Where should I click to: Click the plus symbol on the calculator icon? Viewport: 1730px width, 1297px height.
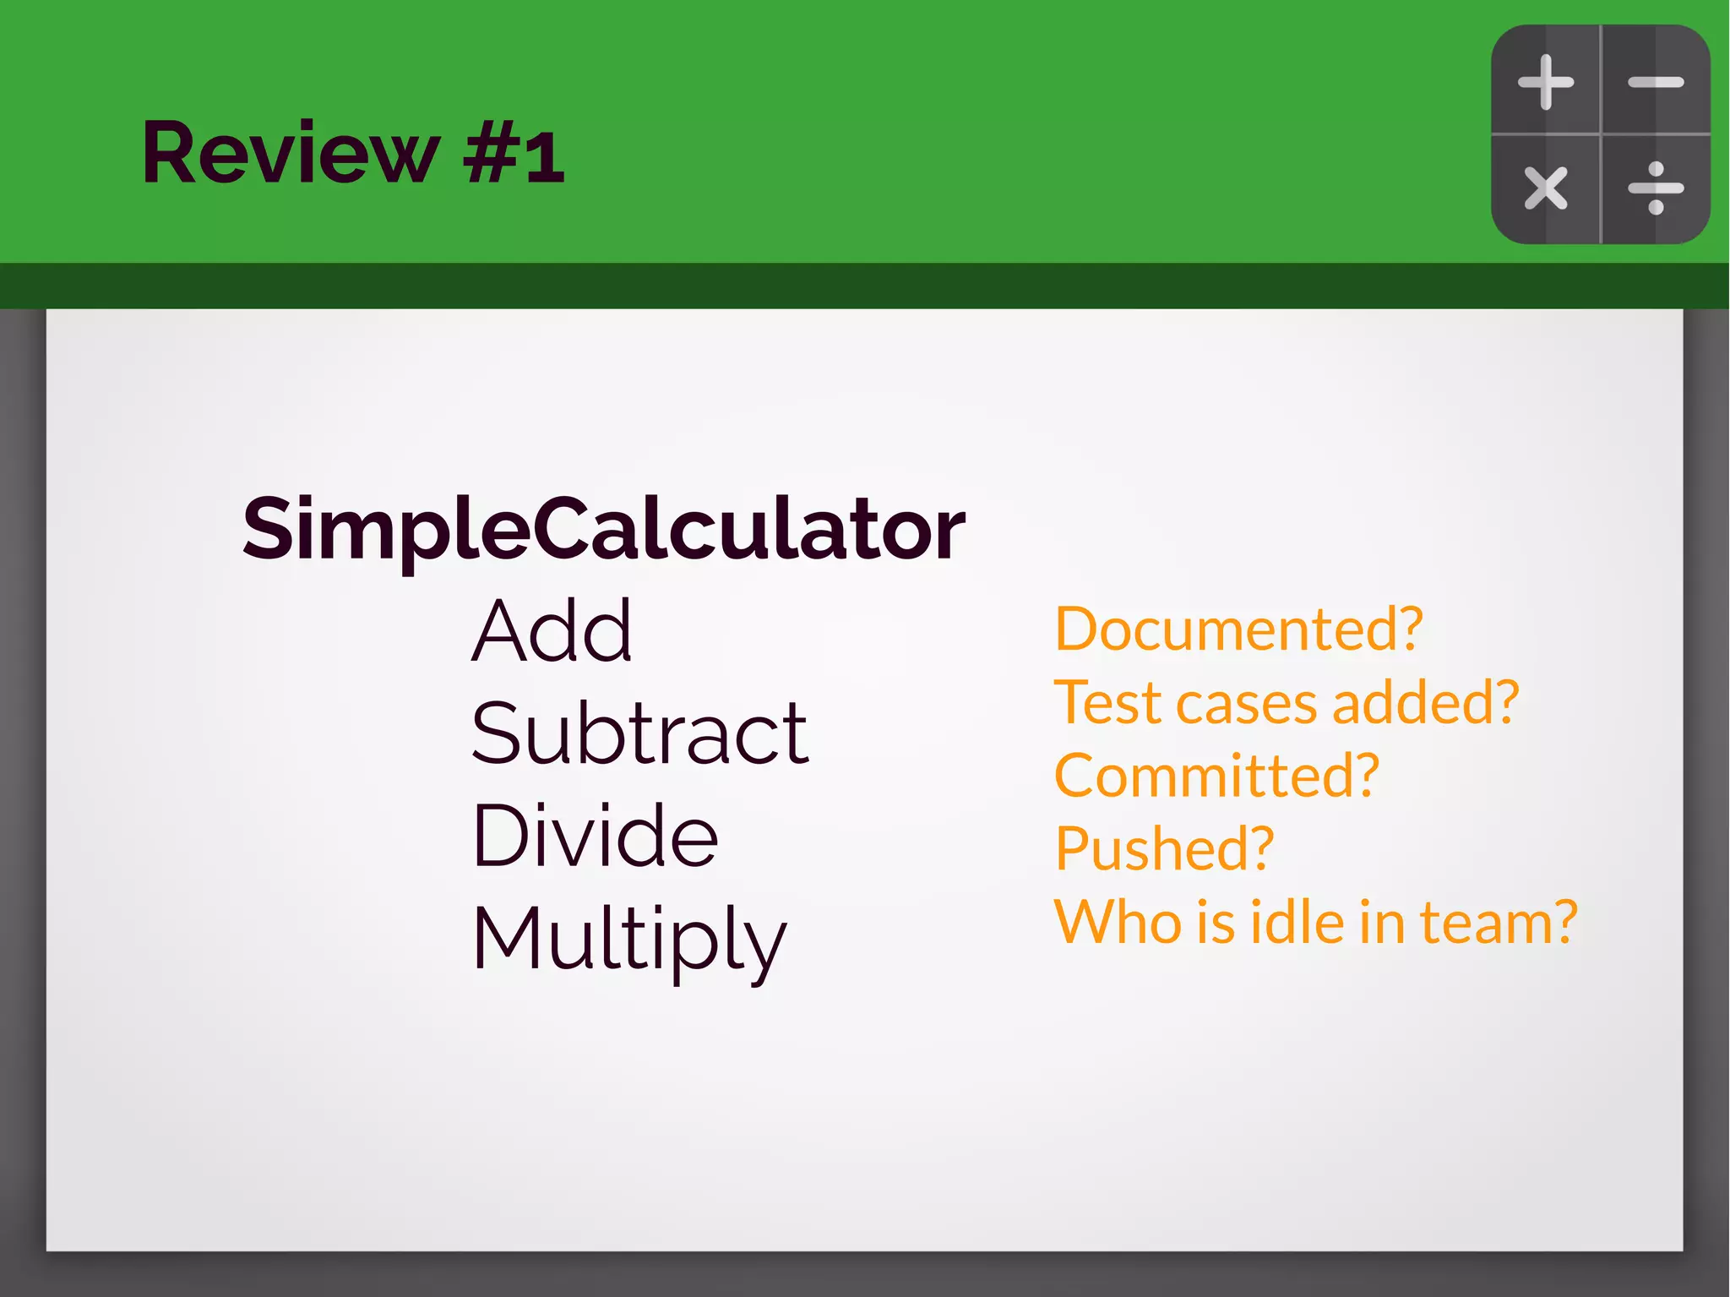(1546, 82)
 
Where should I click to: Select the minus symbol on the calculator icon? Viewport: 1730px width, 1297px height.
(1656, 82)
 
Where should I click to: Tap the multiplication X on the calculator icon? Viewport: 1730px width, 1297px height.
(1546, 188)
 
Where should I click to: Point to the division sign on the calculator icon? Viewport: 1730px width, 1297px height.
(1656, 188)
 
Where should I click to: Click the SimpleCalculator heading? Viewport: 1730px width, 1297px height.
(603, 529)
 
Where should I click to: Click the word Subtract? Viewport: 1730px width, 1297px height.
(639, 733)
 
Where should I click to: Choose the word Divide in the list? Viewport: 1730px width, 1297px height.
(595, 836)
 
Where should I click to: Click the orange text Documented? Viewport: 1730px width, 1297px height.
(1238, 629)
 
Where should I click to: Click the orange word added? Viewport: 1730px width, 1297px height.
(1425, 703)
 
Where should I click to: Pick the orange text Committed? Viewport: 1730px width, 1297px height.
(1216, 776)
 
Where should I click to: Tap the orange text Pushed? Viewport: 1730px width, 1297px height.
(1164, 848)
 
